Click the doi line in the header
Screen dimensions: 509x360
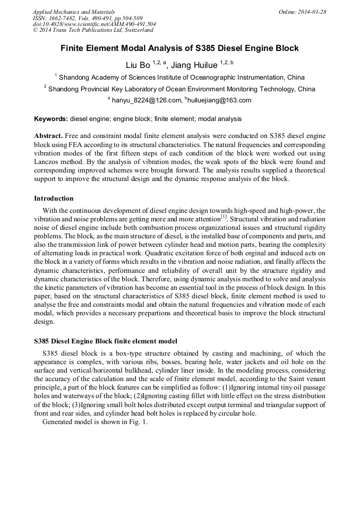click(x=94, y=24)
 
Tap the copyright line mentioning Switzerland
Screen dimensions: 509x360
click(x=93, y=30)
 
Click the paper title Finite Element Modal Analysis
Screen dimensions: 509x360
click(x=179, y=48)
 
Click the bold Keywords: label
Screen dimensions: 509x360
click(x=51, y=119)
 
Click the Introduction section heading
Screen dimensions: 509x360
click(x=54, y=199)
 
